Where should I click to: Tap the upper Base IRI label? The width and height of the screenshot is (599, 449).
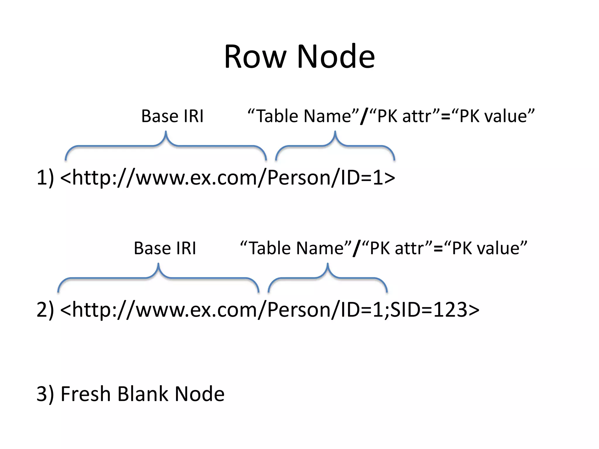tap(172, 116)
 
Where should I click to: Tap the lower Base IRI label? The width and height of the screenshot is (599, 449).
tap(165, 248)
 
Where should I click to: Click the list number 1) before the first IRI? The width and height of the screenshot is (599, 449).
tap(45, 177)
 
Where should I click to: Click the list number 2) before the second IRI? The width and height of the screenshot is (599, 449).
tap(45, 310)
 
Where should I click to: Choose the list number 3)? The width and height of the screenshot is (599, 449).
tap(45, 394)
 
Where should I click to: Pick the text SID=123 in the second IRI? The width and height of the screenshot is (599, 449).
tap(428, 310)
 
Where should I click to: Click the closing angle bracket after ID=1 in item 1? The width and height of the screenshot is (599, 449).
tap(389, 178)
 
